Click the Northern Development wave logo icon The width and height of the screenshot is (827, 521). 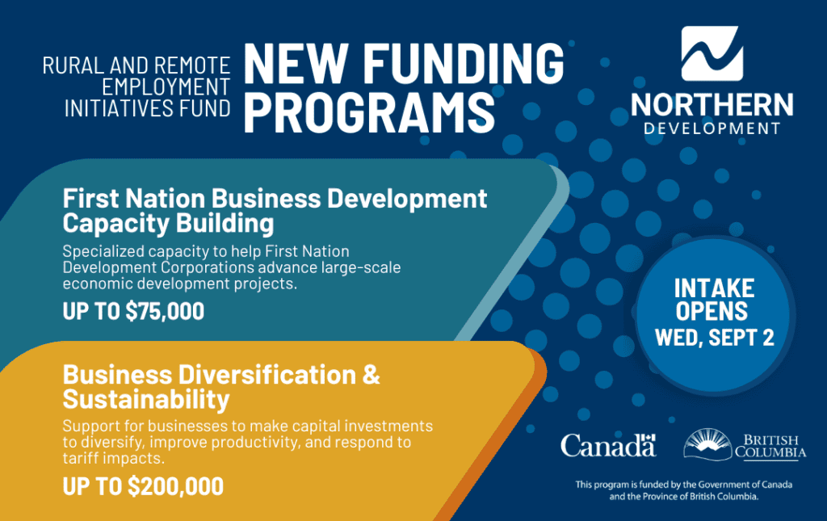click(712, 53)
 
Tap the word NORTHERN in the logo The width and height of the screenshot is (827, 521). click(712, 104)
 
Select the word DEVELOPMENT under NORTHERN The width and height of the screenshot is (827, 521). click(712, 128)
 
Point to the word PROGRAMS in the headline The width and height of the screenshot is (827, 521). click(369, 112)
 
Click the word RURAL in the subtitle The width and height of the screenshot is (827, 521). click(73, 66)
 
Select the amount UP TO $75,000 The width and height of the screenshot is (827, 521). click(133, 311)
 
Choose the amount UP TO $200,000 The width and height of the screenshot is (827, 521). click(143, 486)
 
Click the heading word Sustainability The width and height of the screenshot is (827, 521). click(146, 399)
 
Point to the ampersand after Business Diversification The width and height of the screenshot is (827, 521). click(372, 375)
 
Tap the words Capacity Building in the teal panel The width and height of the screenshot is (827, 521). click(168, 223)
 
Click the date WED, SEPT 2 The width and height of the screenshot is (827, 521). click(715, 338)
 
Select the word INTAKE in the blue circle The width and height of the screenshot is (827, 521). click(714, 288)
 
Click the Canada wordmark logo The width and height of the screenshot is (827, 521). click(608, 446)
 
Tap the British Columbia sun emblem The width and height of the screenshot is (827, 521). click(707, 444)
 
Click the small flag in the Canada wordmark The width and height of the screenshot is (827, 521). click(649, 437)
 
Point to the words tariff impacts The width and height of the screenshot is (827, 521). click(113, 458)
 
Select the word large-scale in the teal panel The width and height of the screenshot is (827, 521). click(361, 267)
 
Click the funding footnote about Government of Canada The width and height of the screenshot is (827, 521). click(683, 490)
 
